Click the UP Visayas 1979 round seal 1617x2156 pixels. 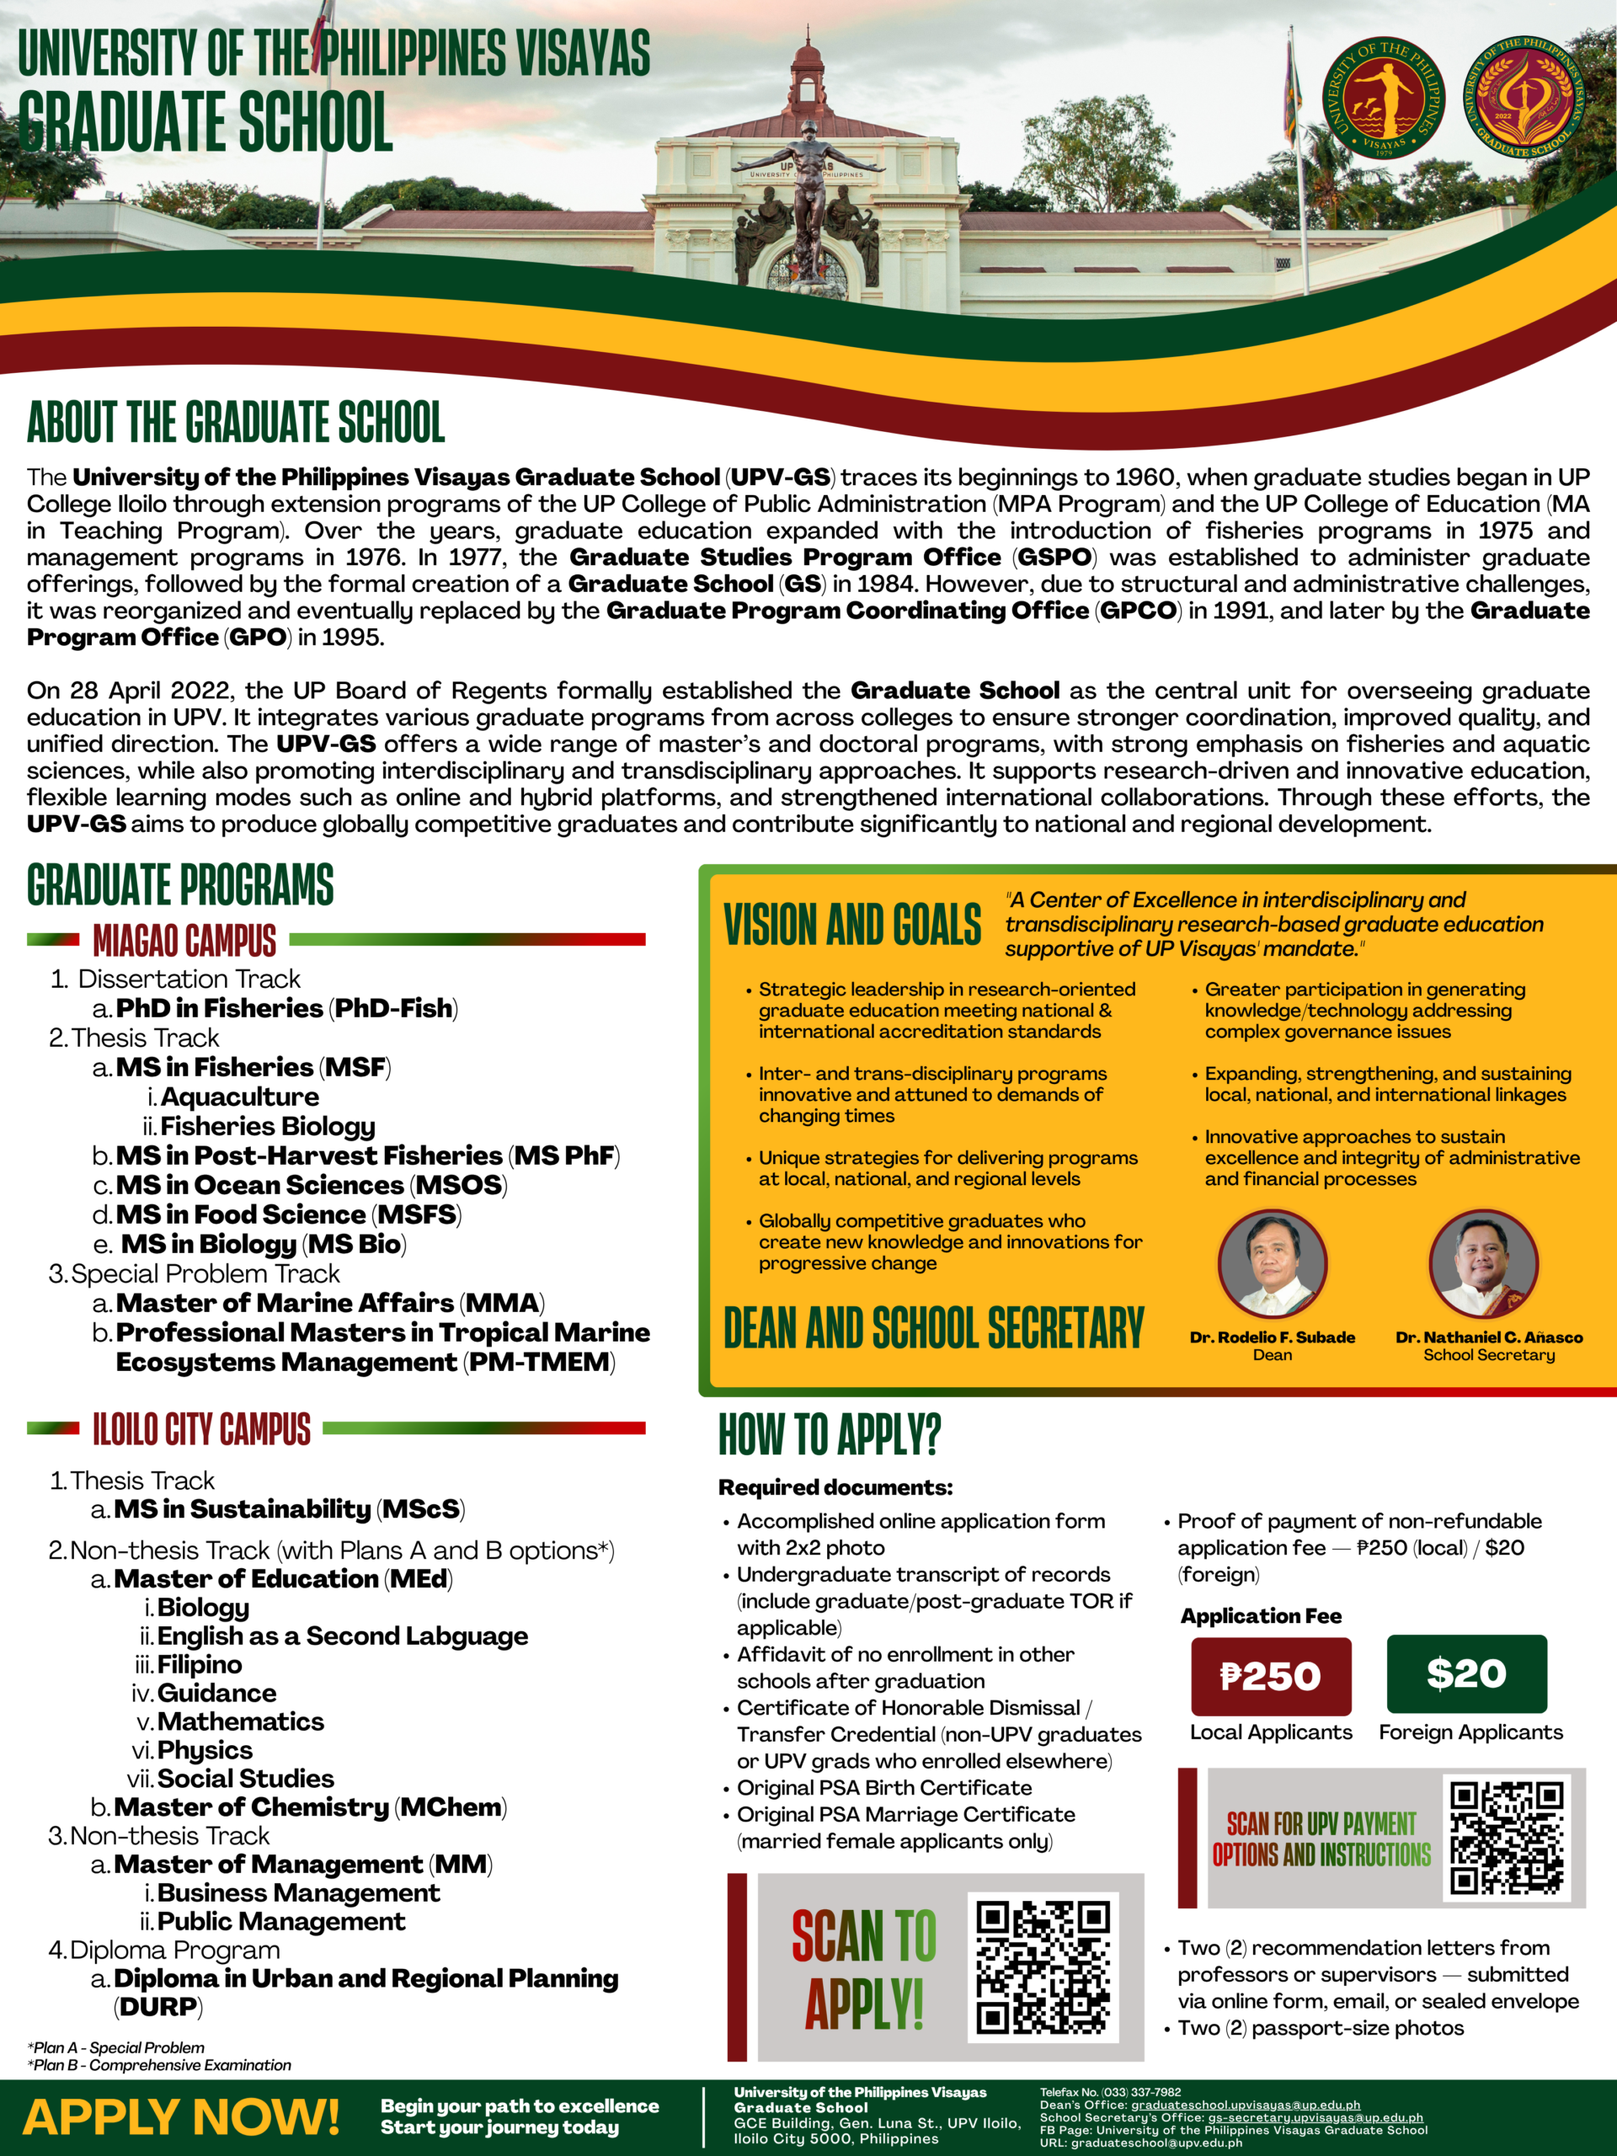pos(1384,98)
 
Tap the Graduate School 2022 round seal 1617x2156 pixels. pos(1525,98)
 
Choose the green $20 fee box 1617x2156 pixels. pos(1466,1673)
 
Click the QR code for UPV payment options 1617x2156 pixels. pos(1506,1838)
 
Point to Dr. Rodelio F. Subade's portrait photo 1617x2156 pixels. pos(1272,1264)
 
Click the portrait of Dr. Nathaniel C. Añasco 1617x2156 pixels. pos(1483,1264)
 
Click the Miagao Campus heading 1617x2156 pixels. pos(184,941)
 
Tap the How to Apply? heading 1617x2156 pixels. pos(830,1435)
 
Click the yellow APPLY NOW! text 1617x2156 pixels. pos(181,2117)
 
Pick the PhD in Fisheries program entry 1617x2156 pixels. pos(286,1008)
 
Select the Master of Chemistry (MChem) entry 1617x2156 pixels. pos(310,1807)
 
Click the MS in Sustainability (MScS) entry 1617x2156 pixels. pos(289,1509)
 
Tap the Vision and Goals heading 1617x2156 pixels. pos(852,925)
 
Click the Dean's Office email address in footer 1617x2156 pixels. pos(1245,2105)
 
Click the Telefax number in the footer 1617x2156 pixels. pos(1110,2092)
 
